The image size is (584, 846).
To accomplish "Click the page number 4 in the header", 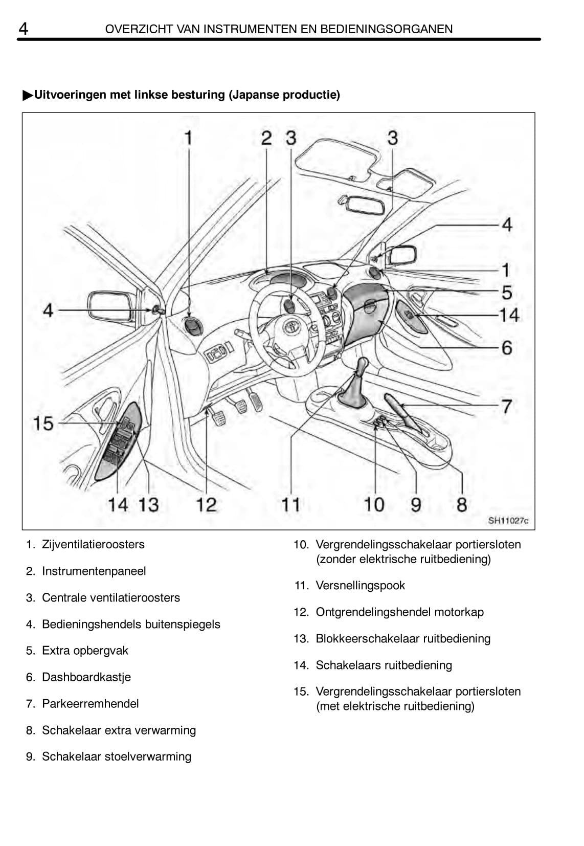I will click(x=24, y=29).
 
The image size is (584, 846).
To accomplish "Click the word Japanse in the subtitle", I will click(x=254, y=95).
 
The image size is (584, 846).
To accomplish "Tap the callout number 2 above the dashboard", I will click(x=266, y=138).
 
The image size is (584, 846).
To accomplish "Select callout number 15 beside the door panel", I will click(x=43, y=424).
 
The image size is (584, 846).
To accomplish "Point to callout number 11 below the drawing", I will click(x=291, y=505).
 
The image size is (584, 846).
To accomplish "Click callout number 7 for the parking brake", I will click(x=506, y=407).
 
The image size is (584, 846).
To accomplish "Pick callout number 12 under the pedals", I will click(x=207, y=505).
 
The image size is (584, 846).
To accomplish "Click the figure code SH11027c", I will click(x=508, y=521).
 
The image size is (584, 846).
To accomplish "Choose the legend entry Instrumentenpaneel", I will click(x=94, y=571).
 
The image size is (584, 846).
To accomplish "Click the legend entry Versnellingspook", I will click(x=360, y=586).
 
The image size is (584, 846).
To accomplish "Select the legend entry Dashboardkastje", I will click(x=86, y=677).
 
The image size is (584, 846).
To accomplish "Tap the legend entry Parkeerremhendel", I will click(x=90, y=704).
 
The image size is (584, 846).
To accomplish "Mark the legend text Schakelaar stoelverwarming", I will click(x=116, y=756).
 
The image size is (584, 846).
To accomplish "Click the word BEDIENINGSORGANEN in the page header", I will click(x=386, y=29).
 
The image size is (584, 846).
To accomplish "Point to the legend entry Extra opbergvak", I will click(x=85, y=651).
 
